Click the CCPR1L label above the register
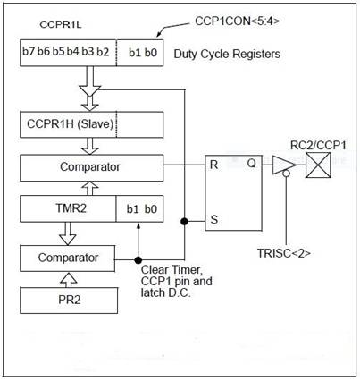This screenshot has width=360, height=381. (61, 25)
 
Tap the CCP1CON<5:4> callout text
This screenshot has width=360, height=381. (238, 21)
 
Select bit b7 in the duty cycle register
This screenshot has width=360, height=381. (29, 51)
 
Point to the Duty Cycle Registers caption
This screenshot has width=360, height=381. (227, 54)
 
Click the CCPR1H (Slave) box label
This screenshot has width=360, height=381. (71, 123)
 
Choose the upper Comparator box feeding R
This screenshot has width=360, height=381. (91, 167)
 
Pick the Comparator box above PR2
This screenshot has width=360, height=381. (68, 258)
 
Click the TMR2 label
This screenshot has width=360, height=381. (71, 207)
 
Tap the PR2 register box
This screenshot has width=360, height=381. (69, 301)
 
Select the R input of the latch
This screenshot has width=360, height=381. (213, 165)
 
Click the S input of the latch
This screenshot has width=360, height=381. (214, 220)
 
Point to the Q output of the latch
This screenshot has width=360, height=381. (252, 164)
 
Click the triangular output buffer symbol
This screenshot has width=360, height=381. (284, 165)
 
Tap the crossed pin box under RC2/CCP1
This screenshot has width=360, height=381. (318, 165)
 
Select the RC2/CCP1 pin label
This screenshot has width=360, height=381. (318, 146)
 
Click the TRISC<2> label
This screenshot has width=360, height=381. (284, 253)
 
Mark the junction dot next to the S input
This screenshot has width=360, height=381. (184, 221)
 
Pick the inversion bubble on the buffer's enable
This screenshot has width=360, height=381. (286, 174)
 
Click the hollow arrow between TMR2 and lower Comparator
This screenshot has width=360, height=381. (68, 233)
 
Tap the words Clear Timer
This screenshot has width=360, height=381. (172, 270)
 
